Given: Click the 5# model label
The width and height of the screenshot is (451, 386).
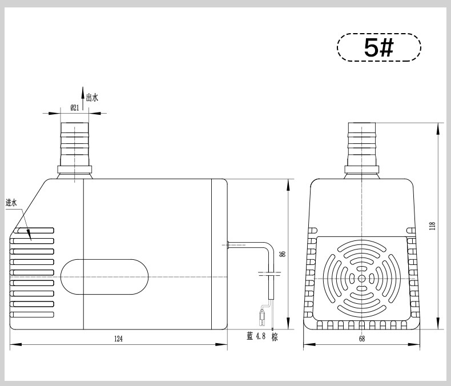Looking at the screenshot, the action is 378,47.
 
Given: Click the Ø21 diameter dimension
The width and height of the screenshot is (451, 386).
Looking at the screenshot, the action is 74,108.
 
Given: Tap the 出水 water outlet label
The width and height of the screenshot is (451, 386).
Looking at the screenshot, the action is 92,98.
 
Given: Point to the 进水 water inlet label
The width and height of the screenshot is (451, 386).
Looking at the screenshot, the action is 11,203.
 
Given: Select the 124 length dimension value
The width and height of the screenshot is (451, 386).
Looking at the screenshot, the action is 118,339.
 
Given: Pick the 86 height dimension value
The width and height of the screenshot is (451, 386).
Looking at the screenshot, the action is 283,254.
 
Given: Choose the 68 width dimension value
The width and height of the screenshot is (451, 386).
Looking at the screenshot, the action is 362,339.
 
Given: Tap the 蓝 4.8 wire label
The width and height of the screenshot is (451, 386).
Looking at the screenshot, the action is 256,336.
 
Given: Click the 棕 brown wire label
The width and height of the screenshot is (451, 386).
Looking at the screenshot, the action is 275,337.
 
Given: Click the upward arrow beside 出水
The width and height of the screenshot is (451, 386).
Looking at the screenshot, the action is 83,98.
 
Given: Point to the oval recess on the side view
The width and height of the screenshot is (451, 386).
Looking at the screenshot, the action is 104,277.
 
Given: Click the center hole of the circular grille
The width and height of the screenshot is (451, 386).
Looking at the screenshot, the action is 362,278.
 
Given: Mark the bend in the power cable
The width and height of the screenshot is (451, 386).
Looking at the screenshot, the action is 269,246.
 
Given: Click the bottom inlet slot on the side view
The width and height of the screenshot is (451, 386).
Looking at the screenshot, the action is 32,315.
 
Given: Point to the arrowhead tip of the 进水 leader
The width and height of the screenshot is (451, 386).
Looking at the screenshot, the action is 31,240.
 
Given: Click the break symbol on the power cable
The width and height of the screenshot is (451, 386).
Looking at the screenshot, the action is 270,274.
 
